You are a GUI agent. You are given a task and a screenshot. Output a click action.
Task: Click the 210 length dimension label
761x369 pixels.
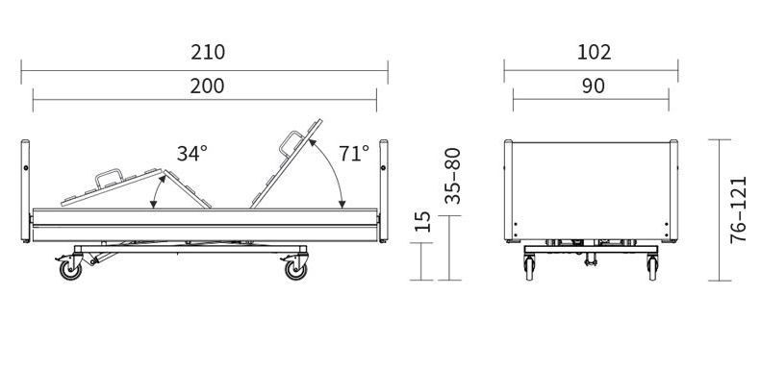208,52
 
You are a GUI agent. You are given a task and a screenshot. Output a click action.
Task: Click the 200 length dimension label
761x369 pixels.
207,86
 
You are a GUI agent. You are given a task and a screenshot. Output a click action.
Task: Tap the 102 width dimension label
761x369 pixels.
594,52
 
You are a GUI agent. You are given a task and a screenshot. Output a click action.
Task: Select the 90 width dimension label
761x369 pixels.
593,86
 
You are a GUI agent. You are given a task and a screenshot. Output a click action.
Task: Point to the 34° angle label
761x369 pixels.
192,154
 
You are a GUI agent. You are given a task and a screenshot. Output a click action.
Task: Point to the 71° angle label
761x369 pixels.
354,153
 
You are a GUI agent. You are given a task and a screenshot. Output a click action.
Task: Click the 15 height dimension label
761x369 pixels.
423,222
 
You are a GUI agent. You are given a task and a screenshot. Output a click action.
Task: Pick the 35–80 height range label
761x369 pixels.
452,176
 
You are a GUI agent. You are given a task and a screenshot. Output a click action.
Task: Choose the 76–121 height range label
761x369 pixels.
738,209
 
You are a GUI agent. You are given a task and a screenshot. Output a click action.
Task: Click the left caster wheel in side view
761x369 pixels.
70,270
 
